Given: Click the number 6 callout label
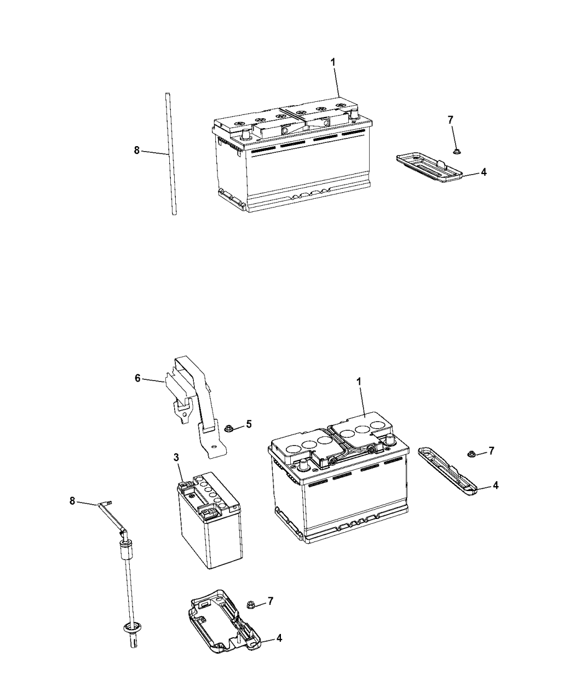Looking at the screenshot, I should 137,378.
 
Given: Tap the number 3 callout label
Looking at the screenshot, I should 176,457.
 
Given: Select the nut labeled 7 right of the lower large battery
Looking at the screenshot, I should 471,453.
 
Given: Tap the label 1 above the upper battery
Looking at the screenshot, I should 332,63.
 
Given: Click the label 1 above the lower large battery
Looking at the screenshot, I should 359,381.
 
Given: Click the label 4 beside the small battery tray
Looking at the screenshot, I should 279,638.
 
